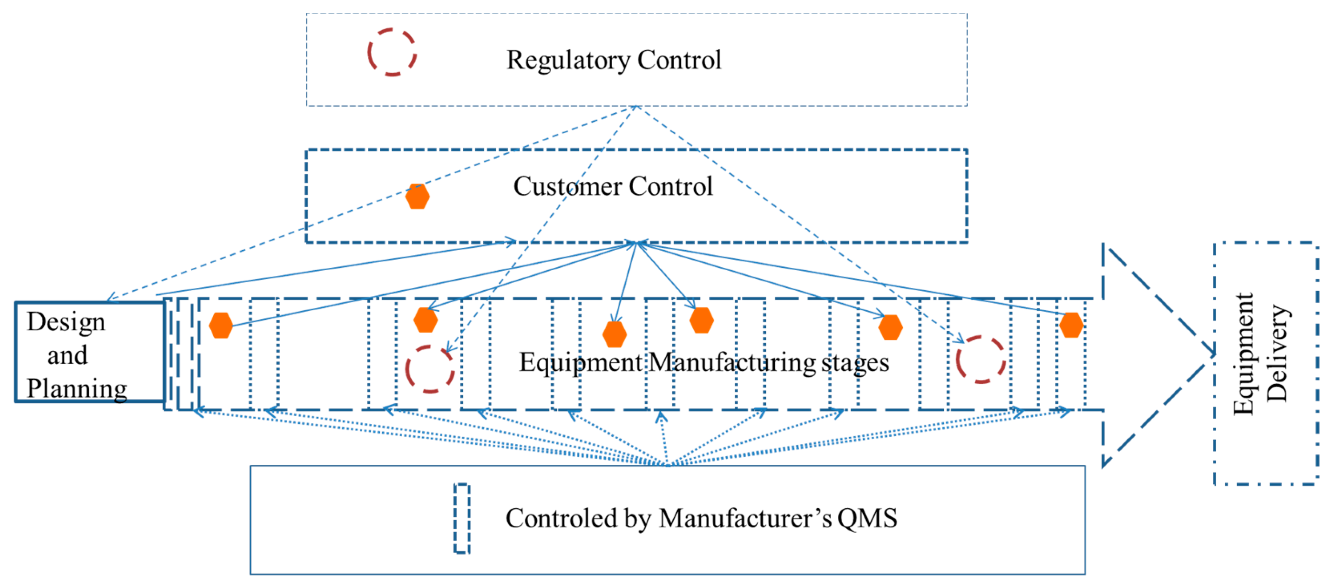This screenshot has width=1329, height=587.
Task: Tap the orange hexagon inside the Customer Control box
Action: pos(417,196)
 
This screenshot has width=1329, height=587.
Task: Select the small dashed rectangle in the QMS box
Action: pos(462,518)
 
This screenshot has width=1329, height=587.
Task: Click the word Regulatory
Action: pos(568,60)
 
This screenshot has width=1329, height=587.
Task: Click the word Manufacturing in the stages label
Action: pos(730,362)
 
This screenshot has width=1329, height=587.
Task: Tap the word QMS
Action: pos(867,518)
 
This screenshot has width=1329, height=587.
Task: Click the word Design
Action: pos(66,322)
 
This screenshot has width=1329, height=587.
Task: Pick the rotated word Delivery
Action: pos(1277,354)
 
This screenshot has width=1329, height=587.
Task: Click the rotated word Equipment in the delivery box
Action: pos(1243,354)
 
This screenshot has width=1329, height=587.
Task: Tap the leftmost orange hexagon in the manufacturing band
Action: pos(221,326)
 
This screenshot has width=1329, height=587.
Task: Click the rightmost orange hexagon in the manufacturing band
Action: pos(1071,325)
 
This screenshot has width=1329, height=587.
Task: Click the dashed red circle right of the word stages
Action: pos(980,360)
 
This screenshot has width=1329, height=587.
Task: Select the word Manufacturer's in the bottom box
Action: pos(745,518)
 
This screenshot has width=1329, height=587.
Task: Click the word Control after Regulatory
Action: pos(679,60)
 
